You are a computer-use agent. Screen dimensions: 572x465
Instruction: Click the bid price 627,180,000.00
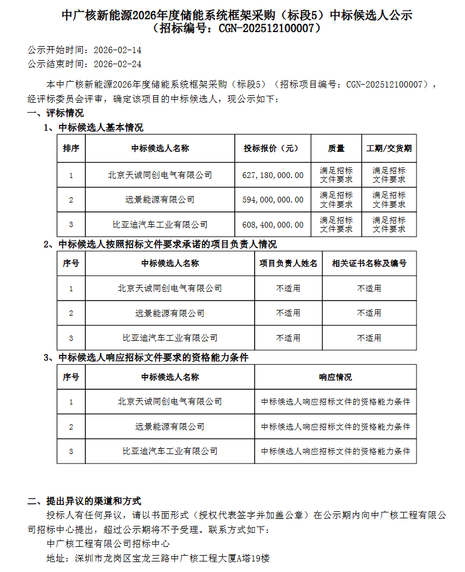tap(273, 175)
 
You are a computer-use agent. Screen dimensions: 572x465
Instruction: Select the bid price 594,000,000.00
tap(273, 200)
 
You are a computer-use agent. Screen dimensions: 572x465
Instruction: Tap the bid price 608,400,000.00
tap(273, 224)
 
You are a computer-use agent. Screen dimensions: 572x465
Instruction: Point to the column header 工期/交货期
tap(388, 148)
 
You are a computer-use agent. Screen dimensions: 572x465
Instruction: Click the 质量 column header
tap(336, 148)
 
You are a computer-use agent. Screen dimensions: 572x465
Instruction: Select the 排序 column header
tap(71, 148)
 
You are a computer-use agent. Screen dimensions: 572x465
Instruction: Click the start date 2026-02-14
tap(117, 50)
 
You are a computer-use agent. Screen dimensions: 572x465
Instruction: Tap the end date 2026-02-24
tap(117, 64)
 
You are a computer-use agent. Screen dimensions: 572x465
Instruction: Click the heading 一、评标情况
tap(55, 113)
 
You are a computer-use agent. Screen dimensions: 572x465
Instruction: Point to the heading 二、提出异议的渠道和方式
tap(85, 501)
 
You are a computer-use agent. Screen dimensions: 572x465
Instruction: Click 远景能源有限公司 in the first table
tap(160, 200)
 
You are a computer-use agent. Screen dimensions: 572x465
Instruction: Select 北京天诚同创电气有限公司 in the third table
tap(170, 402)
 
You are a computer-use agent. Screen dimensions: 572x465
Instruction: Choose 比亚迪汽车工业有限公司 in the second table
tap(170, 337)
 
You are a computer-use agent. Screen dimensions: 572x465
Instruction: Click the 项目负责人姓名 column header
tap(289, 263)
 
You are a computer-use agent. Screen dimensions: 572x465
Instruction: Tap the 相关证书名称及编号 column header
tap(369, 263)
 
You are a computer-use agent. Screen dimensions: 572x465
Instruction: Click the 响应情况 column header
tap(335, 377)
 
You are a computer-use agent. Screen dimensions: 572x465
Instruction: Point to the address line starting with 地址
tap(158, 558)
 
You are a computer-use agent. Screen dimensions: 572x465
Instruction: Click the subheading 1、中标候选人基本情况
tap(93, 127)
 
